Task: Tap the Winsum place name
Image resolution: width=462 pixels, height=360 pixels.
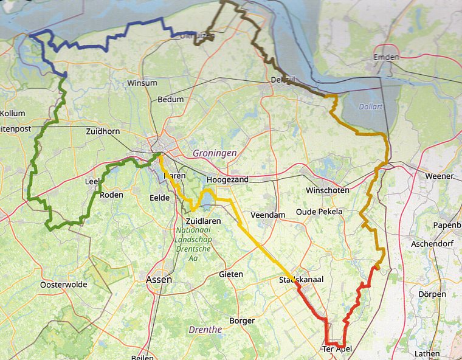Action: (x=142, y=83)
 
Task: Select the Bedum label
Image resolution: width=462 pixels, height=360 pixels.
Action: (x=170, y=100)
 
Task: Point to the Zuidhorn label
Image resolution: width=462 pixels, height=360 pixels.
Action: (x=105, y=131)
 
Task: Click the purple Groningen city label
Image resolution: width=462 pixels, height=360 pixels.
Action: (x=215, y=154)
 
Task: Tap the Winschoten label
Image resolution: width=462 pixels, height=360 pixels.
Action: (x=328, y=190)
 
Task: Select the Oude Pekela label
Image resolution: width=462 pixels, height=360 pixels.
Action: (x=319, y=212)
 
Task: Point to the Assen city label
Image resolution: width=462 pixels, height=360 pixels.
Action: (x=159, y=280)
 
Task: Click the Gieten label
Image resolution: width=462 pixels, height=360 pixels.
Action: (x=230, y=274)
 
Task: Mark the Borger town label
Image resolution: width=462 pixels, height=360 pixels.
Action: (x=242, y=320)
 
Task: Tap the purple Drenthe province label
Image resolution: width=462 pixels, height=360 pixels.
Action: (x=206, y=330)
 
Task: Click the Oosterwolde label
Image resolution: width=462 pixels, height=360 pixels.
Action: (x=63, y=285)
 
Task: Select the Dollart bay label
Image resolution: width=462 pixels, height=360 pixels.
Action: (x=371, y=106)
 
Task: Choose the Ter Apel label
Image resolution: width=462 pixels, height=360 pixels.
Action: (x=337, y=350)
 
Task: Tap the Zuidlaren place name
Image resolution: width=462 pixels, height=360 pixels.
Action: (x=203, y=221)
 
